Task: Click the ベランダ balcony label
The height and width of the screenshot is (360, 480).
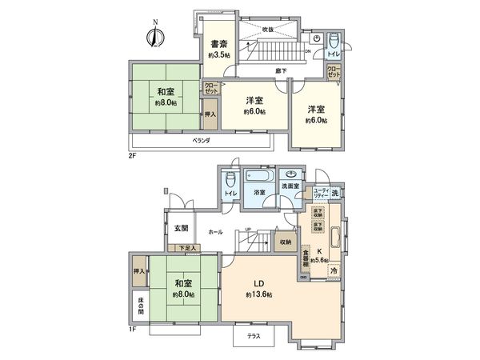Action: point(202,140)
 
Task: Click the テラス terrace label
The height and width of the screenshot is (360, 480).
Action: point(254,337)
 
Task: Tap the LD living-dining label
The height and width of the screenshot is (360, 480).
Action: point(260,286)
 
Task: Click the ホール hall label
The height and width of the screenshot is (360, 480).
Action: point(214,231)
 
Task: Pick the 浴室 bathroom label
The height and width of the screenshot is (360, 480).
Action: point(260,194)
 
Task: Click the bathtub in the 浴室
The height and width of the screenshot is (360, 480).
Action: point(260,176)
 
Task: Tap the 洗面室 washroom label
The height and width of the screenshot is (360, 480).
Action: point(289,187)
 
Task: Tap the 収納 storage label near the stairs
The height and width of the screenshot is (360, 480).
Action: point(286,241)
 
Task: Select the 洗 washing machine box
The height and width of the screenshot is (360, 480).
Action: point(336,193)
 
